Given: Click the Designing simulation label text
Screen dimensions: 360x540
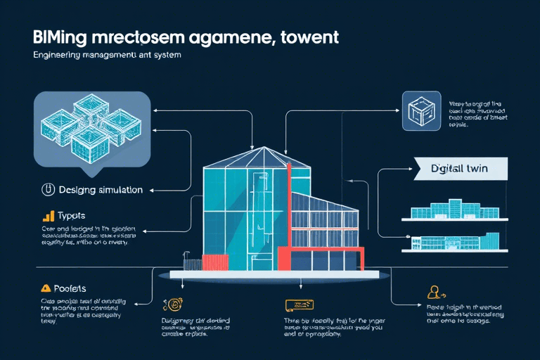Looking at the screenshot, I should tap(101, 190).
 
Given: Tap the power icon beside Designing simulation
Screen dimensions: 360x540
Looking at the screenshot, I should tap(48, 189).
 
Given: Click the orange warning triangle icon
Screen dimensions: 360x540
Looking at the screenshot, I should tap(46, 288).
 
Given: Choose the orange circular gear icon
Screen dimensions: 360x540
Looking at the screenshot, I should tap(171, 304).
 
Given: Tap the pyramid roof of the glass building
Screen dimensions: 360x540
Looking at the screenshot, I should tap(257, 157).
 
